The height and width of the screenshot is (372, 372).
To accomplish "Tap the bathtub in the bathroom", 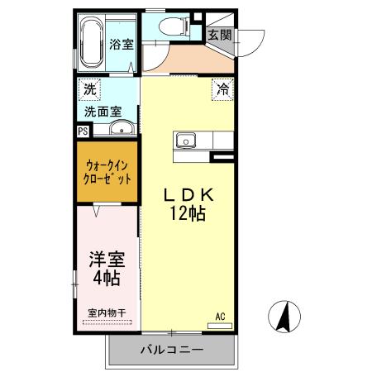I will click(x=92, y=44).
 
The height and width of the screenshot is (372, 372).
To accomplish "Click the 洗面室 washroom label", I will click(x=103, y=110).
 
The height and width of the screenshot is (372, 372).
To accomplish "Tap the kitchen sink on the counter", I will click(x=186, y=140).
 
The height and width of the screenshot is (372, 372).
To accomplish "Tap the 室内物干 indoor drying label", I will click(x=106, y=312).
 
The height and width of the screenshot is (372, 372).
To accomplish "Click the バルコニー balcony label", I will click(x=171, y=351).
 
